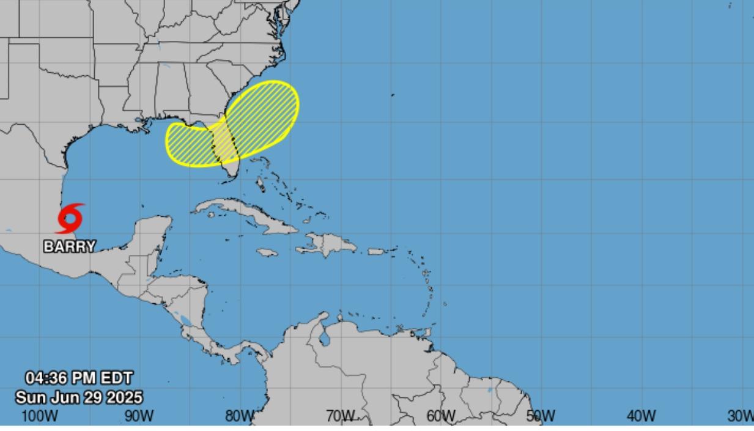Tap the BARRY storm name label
(70, 246)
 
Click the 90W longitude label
(139, 416)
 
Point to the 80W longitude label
(239, 416)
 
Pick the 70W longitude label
(340, 416)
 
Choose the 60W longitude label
(440, 416)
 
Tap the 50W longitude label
(541, 416)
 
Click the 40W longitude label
(641, 416)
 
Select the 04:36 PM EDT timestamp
(79, 378)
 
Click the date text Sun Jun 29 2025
(79, 397)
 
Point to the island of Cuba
(245, 212)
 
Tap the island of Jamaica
(267, 252)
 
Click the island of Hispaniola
(327, 245)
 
